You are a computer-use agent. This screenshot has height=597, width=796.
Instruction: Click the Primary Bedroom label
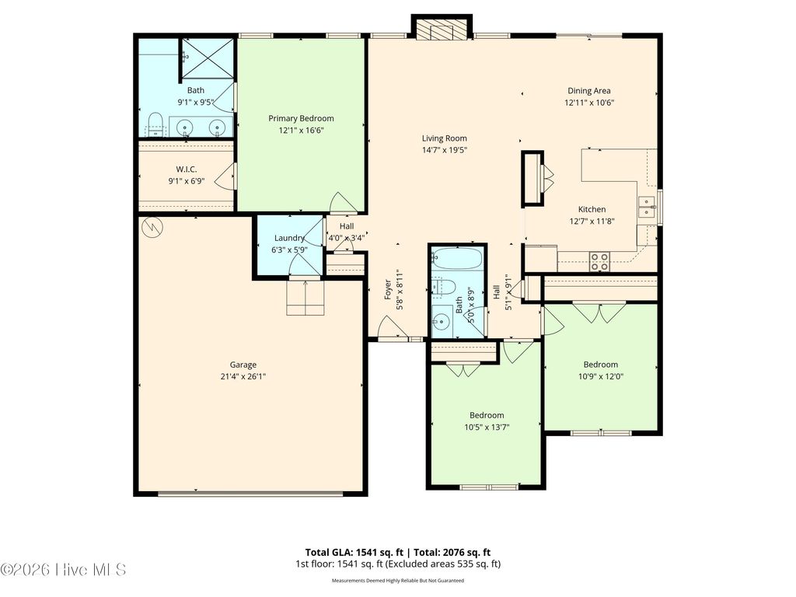pos(301,118)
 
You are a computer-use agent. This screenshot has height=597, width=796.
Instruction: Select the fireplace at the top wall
pos(441,30)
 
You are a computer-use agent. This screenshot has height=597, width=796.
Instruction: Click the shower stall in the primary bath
pos(207,58)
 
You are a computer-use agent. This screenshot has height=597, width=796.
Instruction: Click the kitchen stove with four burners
pos(599,261)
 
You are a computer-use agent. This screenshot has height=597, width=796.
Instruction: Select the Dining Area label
pos(588,91)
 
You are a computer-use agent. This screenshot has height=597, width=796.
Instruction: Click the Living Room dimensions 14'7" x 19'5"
pos(444,150)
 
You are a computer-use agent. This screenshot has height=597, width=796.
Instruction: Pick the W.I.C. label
pos(185,169)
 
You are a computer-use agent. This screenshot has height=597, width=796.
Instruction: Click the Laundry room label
pos(288,239)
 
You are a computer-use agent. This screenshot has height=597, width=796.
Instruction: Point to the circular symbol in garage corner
pos(152,227)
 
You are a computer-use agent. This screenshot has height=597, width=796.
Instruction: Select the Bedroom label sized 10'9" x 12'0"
pos(600,365)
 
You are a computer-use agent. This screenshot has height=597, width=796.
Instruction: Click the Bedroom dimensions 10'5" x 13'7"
pos(486,427)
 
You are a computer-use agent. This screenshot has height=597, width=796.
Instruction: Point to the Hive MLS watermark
pos(64,571)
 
